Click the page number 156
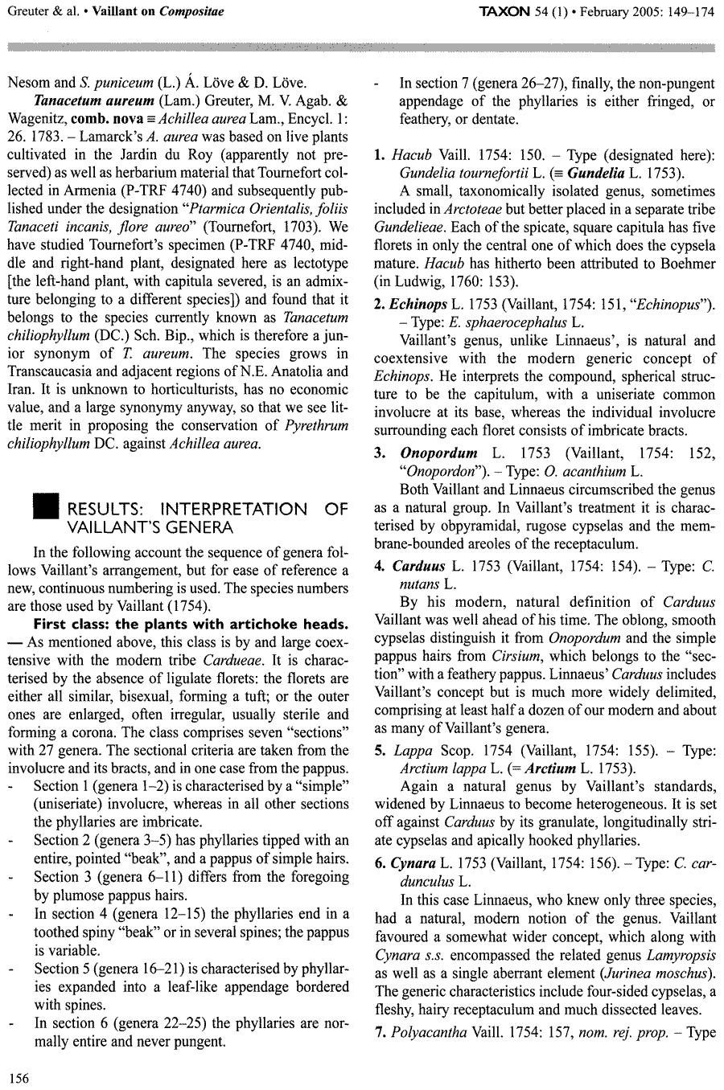(18, 1078)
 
